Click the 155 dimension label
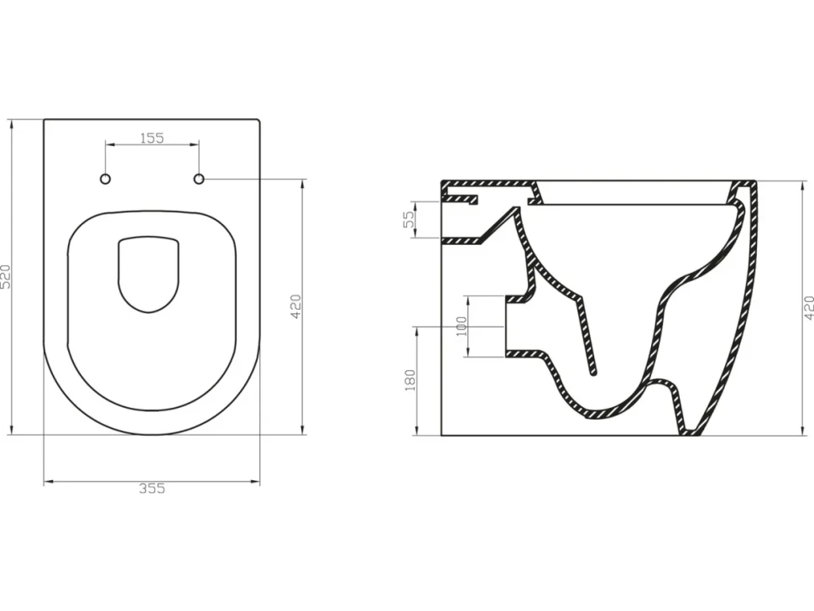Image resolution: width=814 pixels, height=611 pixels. click(152, 138)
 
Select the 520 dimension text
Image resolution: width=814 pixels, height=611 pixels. click(5, 277)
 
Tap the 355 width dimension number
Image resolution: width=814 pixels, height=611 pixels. click(152, 488)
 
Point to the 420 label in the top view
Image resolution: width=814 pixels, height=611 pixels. click(295, 306)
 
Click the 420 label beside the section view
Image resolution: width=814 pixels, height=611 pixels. click(808, 308)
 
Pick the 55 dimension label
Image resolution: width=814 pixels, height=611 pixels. click(410, 218)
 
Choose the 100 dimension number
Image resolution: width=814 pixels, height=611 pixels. click(462, 326)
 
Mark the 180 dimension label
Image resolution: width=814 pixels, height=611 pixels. click(410, 380)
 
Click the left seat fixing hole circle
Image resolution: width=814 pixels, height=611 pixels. click(106, 179)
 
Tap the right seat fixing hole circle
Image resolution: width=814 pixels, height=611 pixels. click(199, 179)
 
